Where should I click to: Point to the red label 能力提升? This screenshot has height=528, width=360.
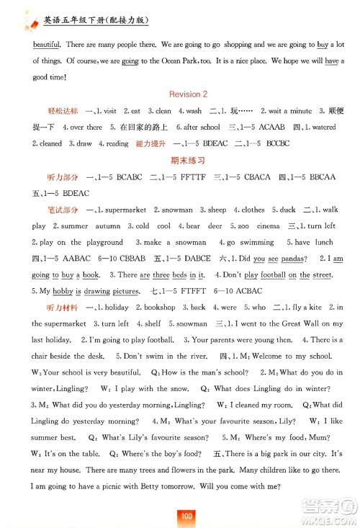pyautogui.click(x=149, y=143)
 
